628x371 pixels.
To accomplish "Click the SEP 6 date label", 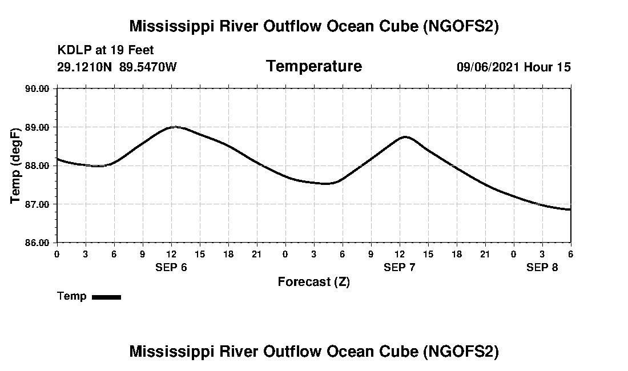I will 171,267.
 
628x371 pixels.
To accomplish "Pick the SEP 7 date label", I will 400,267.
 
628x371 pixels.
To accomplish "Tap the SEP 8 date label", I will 542,267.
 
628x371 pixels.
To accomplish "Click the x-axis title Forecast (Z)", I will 313,282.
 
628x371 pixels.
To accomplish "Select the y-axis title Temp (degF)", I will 17,166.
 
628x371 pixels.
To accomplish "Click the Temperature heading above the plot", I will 313,66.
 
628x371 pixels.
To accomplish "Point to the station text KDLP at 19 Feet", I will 106,50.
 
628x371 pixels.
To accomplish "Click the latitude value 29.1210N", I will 84,67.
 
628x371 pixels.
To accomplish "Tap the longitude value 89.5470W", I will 148,67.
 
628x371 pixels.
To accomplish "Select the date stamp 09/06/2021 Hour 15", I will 513,67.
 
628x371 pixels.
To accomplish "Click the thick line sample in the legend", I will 106,297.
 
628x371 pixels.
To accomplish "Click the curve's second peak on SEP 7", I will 405,136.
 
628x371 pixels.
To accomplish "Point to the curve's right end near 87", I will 570,209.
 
